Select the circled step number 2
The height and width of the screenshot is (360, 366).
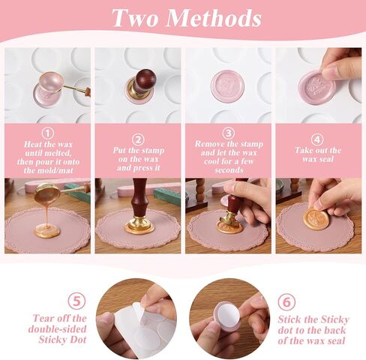pos(138,139)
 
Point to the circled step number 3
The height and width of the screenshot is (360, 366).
pos(228,133)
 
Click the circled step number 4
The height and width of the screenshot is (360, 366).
pos(318,138)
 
